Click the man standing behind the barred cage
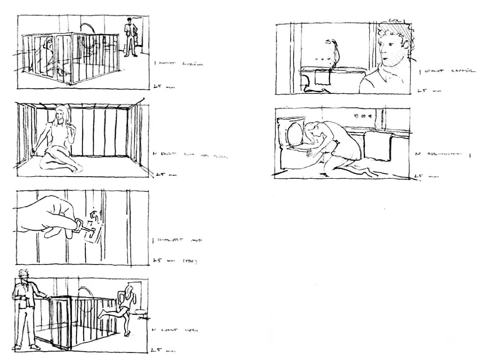131,37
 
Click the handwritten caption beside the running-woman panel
175,331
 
